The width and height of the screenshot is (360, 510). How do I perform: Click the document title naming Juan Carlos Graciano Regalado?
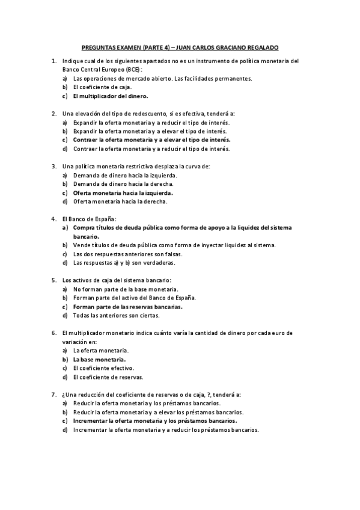click(x=180, y=47)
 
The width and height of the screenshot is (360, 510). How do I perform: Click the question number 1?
click(x=54, y=61)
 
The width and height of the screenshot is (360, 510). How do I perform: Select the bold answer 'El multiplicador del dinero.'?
click(x=111, y=96)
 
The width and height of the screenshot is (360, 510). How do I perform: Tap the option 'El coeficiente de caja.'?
click(x=102, y=87)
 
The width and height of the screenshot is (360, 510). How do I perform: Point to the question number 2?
click(x=54, y=113)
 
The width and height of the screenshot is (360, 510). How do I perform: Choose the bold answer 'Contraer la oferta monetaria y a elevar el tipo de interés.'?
click(x=151, y=140)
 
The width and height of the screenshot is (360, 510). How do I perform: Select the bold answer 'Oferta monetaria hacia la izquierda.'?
click(x=123, y=192)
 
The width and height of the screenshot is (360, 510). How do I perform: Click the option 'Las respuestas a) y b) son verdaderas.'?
click(x=127, y=263)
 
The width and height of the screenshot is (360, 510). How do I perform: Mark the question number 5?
click(x=54, y=280)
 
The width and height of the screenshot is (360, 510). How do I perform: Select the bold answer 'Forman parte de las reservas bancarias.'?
click(x=127, y=306)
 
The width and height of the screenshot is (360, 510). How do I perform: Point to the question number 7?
click(x=54, y=394)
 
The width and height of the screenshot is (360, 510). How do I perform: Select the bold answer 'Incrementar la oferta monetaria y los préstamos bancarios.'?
click(x=154, y=421)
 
